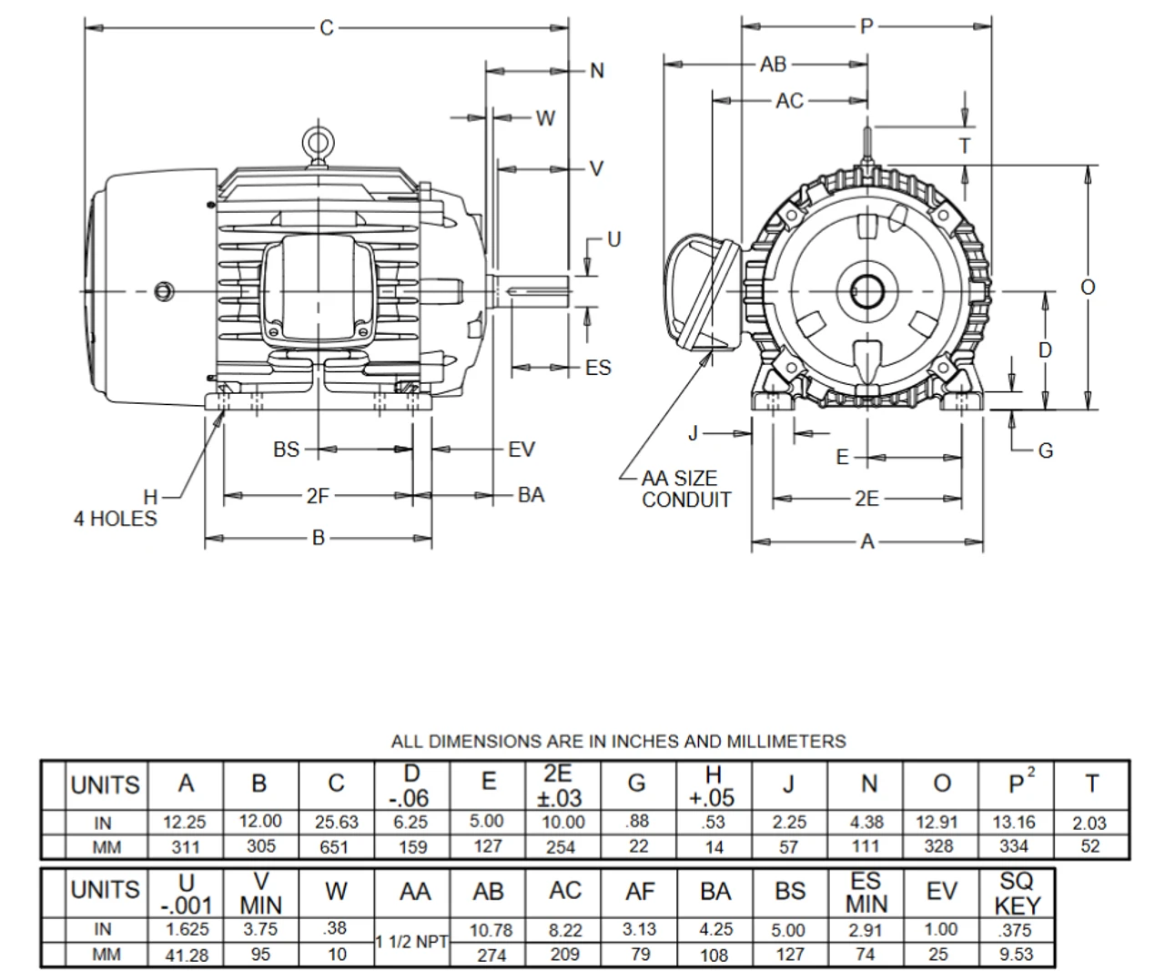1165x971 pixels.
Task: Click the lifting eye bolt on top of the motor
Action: pos(317,143)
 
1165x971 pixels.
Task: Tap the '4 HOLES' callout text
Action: pos(116,519)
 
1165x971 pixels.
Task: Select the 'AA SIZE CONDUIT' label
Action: pos(685,489)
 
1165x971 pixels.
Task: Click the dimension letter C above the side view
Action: pos(327,28)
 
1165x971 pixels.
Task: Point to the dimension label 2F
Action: pos(317,496)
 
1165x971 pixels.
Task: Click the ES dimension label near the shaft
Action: pos(598,368)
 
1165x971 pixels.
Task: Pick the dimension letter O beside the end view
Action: pos(1088,288)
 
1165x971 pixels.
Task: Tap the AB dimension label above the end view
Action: pos(773,65)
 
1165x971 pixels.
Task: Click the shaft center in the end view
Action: pos(866,291)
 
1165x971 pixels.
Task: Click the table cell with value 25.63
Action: pos(336,822)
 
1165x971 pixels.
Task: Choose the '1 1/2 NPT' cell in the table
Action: pos(412,943)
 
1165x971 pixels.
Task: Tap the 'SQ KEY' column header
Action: pos(1016,893)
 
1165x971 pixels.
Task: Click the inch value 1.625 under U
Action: pos(186,930)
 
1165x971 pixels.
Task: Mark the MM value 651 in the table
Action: pos(336,847)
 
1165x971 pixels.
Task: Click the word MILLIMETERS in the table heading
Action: pos(782,742)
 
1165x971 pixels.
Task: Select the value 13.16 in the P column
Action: pos(1013,822)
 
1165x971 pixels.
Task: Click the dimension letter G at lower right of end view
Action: pos(1045,450)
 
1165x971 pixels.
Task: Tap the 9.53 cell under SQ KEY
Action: pos(1015,955)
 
